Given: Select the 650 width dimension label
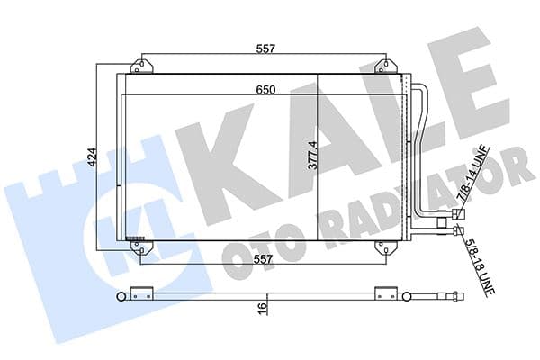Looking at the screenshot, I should point(263,89).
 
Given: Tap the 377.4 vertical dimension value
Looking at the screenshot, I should point(314,154).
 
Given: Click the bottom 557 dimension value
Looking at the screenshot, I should point(263,260).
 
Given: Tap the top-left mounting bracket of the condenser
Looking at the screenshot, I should point(141,67).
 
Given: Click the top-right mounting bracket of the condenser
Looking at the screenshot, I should point(385,67).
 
